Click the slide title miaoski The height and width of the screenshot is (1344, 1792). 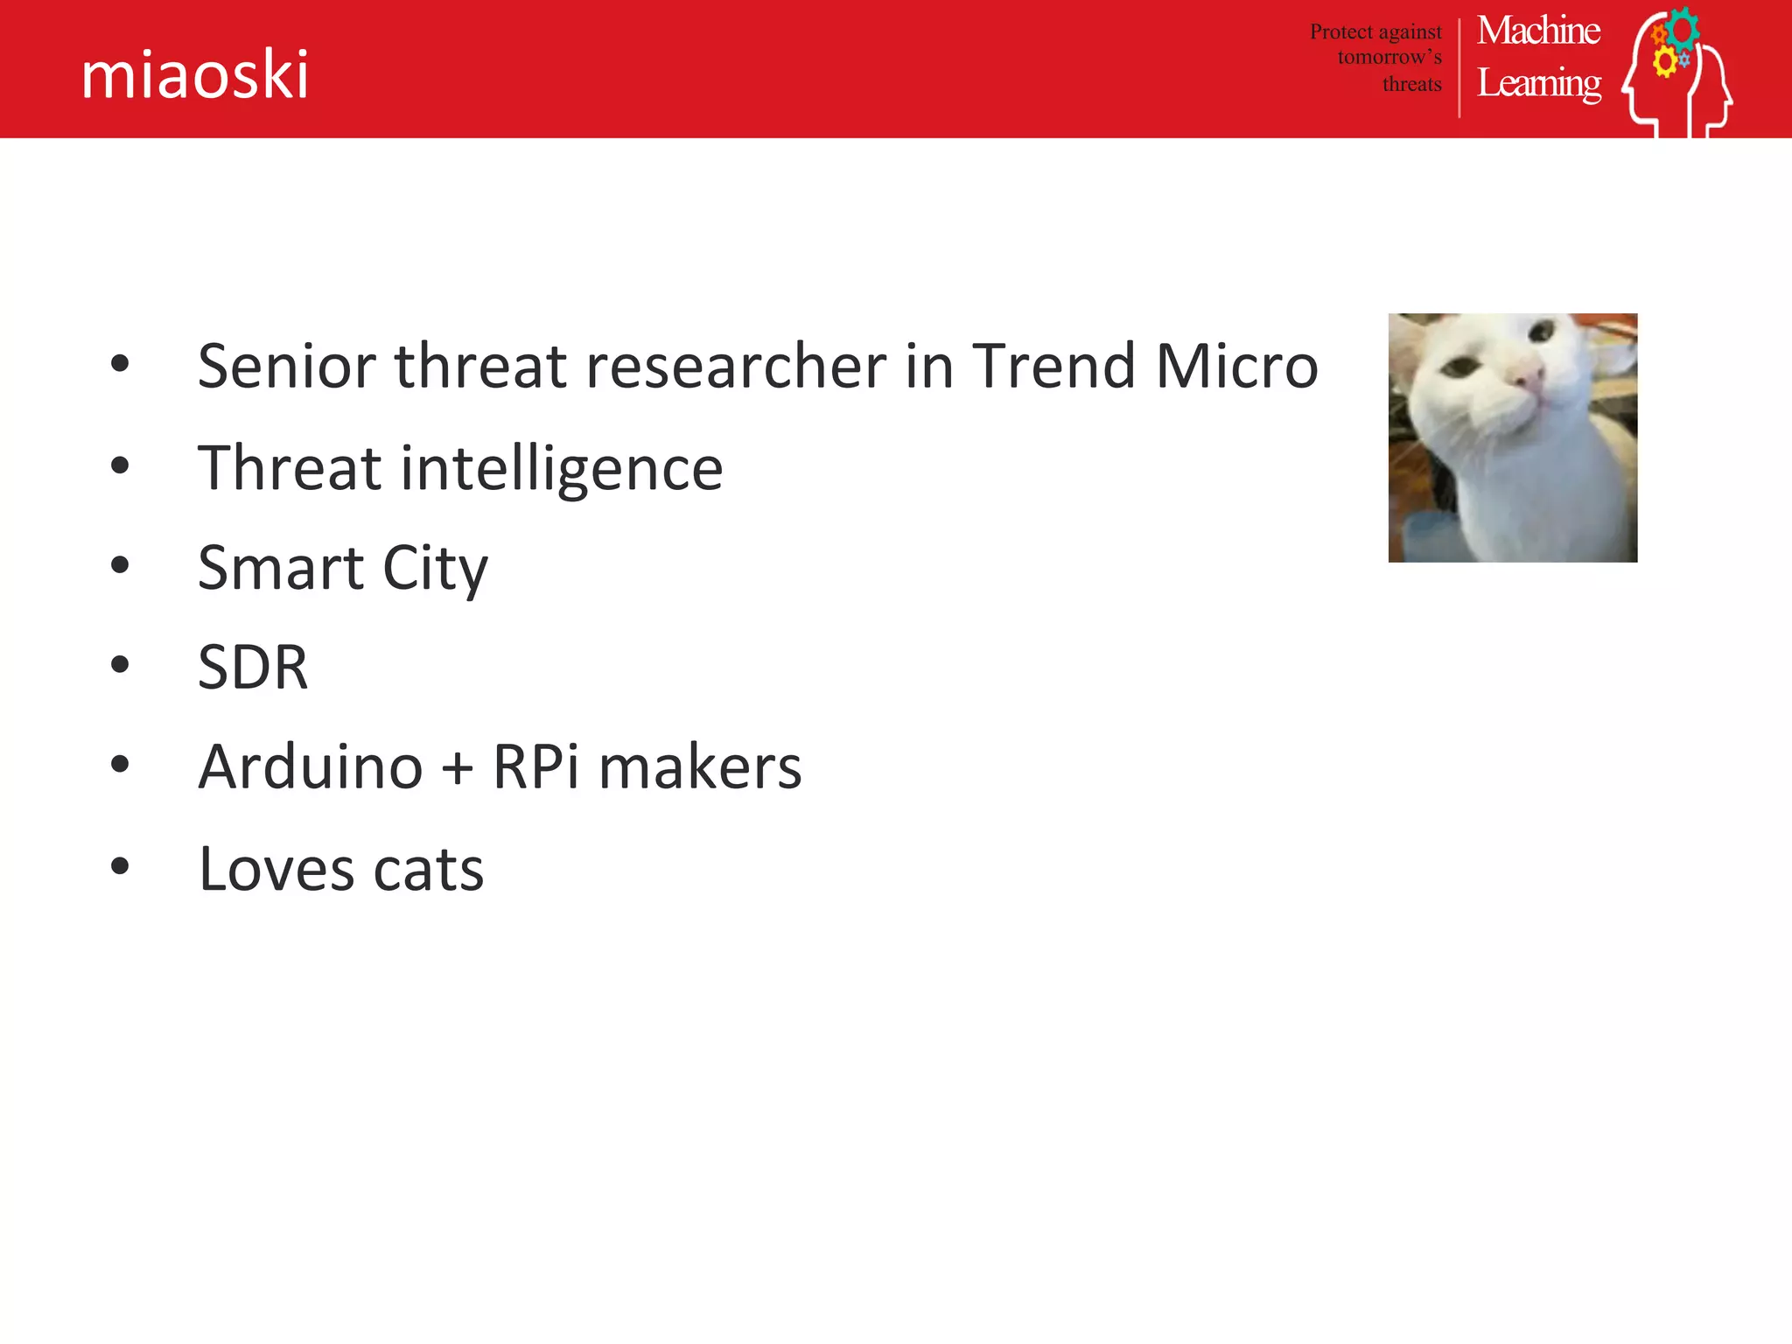(194, 75)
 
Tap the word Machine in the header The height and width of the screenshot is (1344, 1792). (1538, 31)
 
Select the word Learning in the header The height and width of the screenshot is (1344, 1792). (1539, 84)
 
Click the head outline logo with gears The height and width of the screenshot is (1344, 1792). (1678, 74)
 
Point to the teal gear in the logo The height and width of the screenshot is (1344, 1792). (1683, 28)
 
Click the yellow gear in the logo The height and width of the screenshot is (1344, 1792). (1664, 62)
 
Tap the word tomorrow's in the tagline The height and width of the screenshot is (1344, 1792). (1389, 58)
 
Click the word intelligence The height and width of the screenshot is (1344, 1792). (562, 469)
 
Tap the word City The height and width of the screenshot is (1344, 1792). (435, 569)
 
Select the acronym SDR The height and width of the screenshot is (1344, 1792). (253, 668)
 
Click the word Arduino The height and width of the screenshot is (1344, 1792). (311, 767)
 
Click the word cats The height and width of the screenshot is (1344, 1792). (428, 870)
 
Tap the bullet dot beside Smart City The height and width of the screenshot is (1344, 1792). (120, 565)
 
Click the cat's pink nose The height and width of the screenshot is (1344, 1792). (1529, 378)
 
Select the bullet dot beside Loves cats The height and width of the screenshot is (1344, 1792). (120, 866)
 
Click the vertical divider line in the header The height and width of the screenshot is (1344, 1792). (1459, 68)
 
